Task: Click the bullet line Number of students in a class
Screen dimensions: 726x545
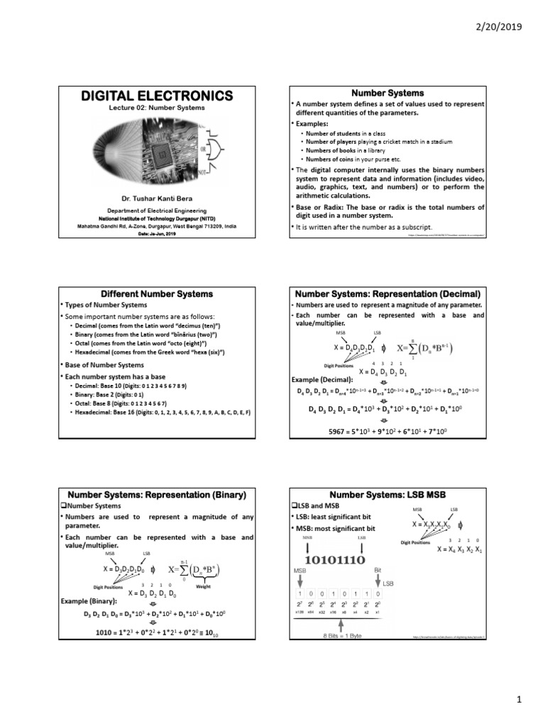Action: coord(348,133)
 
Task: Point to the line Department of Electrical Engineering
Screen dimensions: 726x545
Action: coord(153,211)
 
